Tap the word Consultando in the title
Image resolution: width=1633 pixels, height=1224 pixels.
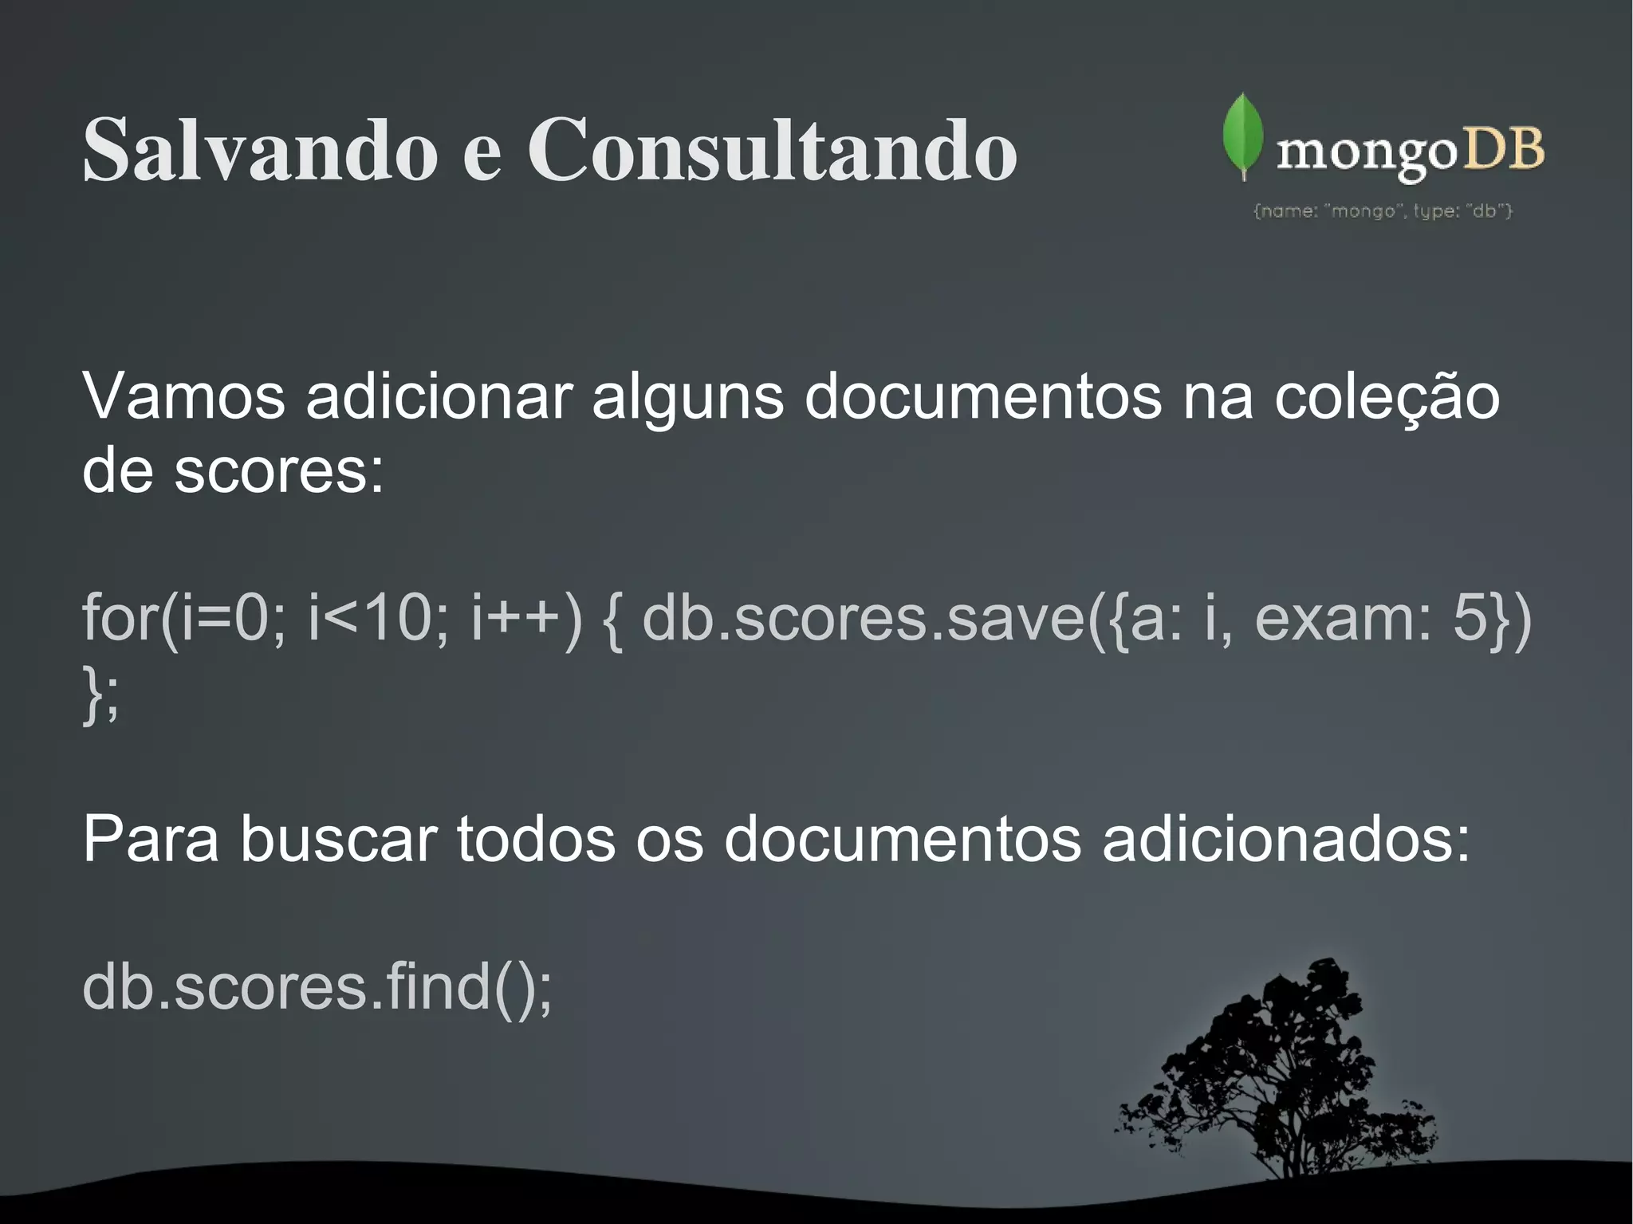tap(771, 150)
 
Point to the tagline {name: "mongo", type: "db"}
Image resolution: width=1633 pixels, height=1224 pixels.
tap(1383, 211)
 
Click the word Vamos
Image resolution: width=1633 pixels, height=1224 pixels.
tap(183, 396)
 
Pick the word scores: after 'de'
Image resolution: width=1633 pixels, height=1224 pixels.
tap(278, 470)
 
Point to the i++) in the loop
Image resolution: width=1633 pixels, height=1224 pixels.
tap(526, 618)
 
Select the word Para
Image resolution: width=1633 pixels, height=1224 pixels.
tap(150, 839)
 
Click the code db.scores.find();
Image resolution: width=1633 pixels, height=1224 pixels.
tap(317, 987)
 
